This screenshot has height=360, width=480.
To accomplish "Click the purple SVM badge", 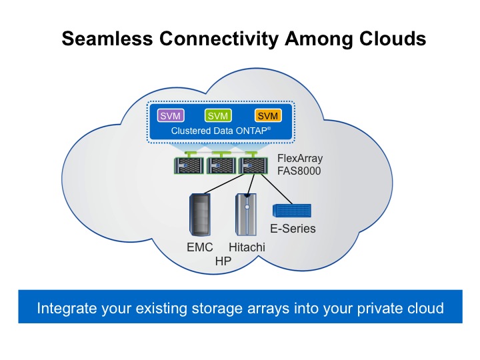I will [x=168, y=116].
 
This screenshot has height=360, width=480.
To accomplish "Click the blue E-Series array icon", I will [x=292, y=210].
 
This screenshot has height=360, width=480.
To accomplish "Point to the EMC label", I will [x=199, y=247].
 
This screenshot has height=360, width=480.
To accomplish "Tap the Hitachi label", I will [x=246, y=247].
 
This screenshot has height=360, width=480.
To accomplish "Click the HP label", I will [x=223, y=261].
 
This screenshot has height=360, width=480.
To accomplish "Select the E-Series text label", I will [x=293, y=229].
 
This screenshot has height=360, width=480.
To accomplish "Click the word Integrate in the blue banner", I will [x=65, y=309].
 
